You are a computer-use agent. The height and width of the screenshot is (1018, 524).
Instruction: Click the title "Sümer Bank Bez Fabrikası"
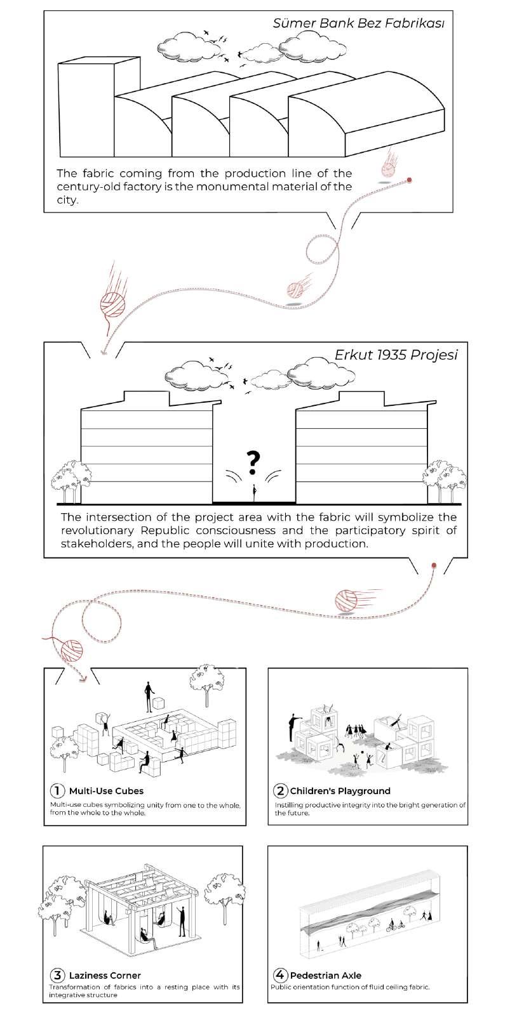(x=358, y=23)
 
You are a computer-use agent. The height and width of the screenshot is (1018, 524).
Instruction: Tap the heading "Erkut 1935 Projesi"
(x=396, y=355)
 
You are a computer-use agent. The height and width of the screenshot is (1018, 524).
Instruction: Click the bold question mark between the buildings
(x=253, y=462)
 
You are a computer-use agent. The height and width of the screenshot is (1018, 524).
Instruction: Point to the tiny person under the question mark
(x=254, y=493)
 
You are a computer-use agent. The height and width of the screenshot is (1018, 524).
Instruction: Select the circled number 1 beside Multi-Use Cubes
(x=57, y=791)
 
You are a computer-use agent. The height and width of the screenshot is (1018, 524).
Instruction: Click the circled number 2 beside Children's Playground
(x=281, y=791)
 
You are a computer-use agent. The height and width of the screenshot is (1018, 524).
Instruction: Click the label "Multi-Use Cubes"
(x=106, y=791)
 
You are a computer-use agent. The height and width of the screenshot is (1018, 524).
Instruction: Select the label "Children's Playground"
(x=340, y=791)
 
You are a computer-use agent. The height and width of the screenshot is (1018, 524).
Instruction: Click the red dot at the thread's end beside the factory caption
(x=409, y=180)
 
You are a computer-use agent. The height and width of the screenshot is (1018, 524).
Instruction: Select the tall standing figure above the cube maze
(x=149, y=696)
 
